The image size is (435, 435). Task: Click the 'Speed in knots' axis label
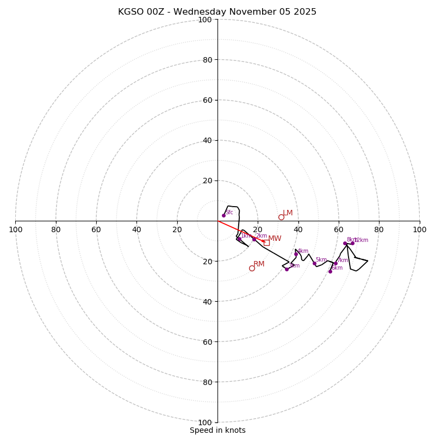click(217, 430)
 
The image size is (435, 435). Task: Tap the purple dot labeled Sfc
click(223, 215)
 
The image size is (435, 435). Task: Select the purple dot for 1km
click(239, 239)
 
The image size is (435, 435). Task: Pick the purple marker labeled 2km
click(254, 239)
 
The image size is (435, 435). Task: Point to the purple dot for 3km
click(287, 269)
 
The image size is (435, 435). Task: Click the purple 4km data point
click(296, 254)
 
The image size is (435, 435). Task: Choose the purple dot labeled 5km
click(314, 263)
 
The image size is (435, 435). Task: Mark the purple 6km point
click(330, 271)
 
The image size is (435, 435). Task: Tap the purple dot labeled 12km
click(352, 243)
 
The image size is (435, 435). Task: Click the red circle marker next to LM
click(281, 217)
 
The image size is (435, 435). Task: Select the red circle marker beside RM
click(252, 268)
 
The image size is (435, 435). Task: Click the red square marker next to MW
click(266, 243)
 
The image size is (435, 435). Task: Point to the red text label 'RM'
click(259, 264)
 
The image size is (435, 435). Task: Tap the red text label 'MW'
click(275, 239)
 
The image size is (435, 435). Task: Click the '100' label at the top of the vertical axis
click(205, 20)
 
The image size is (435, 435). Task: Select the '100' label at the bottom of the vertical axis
click(205, 422)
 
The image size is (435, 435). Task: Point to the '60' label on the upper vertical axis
click(207, 100)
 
